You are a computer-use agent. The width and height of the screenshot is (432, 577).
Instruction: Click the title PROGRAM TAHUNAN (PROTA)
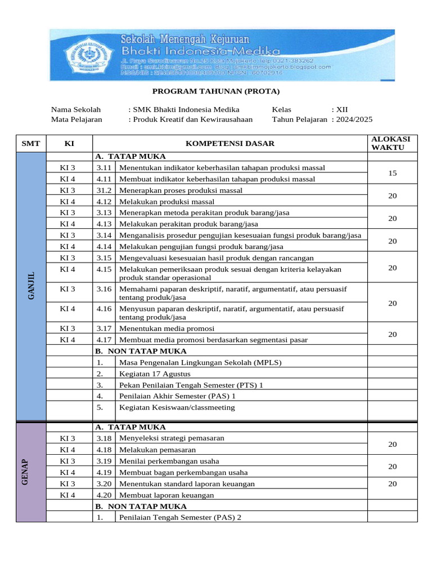click(216, 91)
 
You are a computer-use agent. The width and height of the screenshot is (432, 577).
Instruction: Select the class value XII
click(342, 109)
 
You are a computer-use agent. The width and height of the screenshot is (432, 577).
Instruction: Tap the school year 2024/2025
click(354, 119)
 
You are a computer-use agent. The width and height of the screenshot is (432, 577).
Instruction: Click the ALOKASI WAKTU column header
click(392, 143)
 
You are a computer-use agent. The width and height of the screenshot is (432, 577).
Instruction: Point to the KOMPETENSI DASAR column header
click(229, 144)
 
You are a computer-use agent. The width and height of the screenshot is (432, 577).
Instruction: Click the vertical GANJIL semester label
click(31, 286)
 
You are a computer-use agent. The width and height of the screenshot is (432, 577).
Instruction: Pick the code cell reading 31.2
click(104, 190)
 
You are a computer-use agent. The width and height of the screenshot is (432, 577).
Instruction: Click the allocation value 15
click(392, 174)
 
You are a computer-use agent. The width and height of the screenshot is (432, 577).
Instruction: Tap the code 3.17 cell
click(104, 329)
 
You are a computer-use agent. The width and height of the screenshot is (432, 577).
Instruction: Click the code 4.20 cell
click(104, 495)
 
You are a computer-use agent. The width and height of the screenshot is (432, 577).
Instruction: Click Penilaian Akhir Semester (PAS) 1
click(177, 396)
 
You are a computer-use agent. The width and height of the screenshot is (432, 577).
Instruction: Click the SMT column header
click(31, 144)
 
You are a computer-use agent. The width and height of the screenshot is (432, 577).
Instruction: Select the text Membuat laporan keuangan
click(167, 495)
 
